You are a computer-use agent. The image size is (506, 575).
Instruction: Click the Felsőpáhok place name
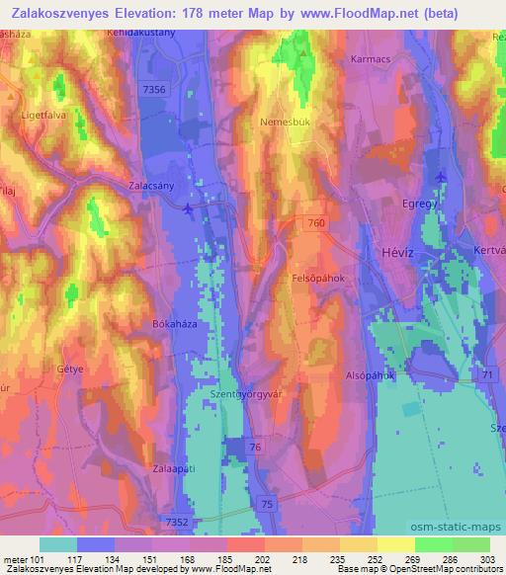[x=319, y=280]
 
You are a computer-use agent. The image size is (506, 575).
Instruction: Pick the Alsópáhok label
[x=370, y=375]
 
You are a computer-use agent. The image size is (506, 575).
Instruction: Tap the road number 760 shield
[x=315, y=222]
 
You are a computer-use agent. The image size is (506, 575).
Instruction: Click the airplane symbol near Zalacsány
[x=189, y=207]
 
